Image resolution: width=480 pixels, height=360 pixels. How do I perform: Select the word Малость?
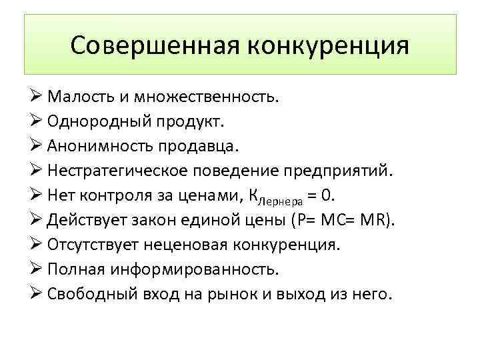click(77, 99)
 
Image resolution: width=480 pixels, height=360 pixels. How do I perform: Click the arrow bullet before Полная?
click(36, 269)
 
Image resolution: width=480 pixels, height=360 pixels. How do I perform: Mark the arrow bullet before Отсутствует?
click(36, 245)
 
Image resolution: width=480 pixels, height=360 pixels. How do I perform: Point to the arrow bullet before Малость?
click(36, 99)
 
